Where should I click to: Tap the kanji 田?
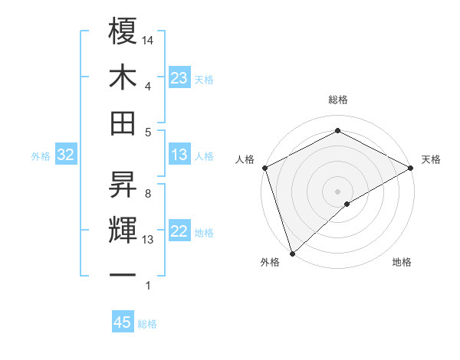pyautogui.click(x=123, y=123)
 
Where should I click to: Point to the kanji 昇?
pyautogui.click(x=123, y=184)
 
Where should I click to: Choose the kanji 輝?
pyautogui.click(x=123, y=230)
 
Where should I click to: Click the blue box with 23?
pyautogui.click(x=179, y=77)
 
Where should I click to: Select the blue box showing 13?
pyautogui.click(x=179, y=155)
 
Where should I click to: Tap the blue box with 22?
pyautogui.click(x=179, y=232)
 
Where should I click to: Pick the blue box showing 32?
pyautogui.click(x=66, y=155)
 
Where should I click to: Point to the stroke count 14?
pyautogui.click(x=148, y=39)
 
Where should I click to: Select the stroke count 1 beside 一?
pyautogui.click(x=147, y=286)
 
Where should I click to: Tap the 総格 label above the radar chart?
pyautogui.click(x=337, y=100)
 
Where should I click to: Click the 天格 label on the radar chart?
pyautogui.click(x=431, y=159)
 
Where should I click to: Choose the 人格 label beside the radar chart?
pyautogui.click(x=245, y=159)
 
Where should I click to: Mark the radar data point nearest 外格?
pyautogui.click(x=291, y=253)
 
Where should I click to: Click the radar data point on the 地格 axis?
pyautogui.click(x=347, y=204)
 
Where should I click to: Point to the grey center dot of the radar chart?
pyautogui.click(x=337, y=191)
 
